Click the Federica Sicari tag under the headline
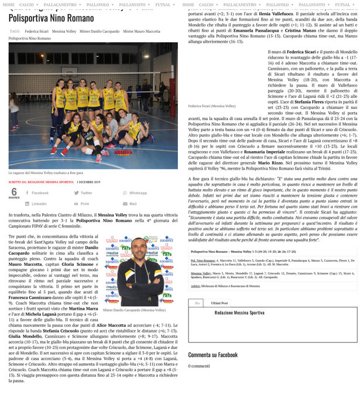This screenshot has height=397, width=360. pos(36,32)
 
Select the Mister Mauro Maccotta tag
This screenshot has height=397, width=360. pos(141,32)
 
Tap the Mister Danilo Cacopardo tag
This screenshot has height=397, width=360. pos(100,32)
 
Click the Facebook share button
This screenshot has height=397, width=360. pos(37,193)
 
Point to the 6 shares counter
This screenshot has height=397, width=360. pos(14,193)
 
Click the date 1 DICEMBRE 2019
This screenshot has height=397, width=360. pos(88,182)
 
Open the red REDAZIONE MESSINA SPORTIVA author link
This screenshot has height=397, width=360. pos(50,182)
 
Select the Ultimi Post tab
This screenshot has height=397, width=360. pos(220,303)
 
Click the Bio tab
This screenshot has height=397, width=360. pos(197,303)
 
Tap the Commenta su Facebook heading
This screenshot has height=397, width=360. pos(212,355)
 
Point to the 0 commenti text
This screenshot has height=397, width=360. pos(199,366)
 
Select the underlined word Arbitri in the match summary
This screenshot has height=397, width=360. pos(196,286)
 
